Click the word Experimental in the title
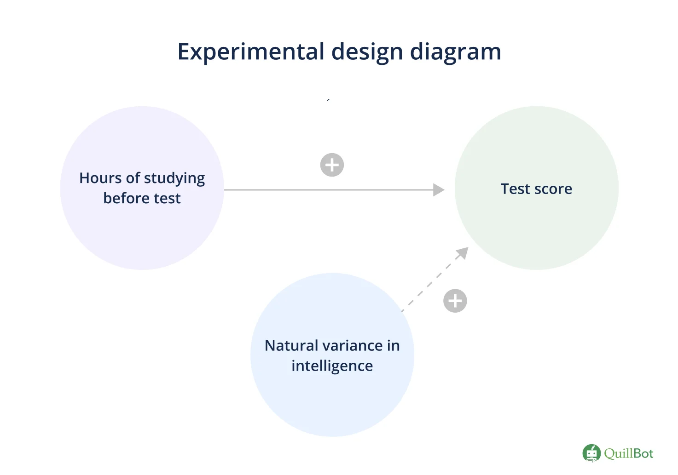click(250, 52)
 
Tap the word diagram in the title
click(456, 52)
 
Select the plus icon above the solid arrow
click(332, 165)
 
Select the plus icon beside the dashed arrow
click(455, 301)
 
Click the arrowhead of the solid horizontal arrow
click(439, 190)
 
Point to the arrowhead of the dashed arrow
click(462, 253)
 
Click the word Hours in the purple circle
click(100, 178)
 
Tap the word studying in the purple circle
click(174, 179)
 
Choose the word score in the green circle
click(553, 189)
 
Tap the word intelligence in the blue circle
click(332, 366)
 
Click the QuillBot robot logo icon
click(591, 453)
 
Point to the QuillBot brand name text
click(629, 453)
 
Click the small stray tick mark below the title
click(328, 99)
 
